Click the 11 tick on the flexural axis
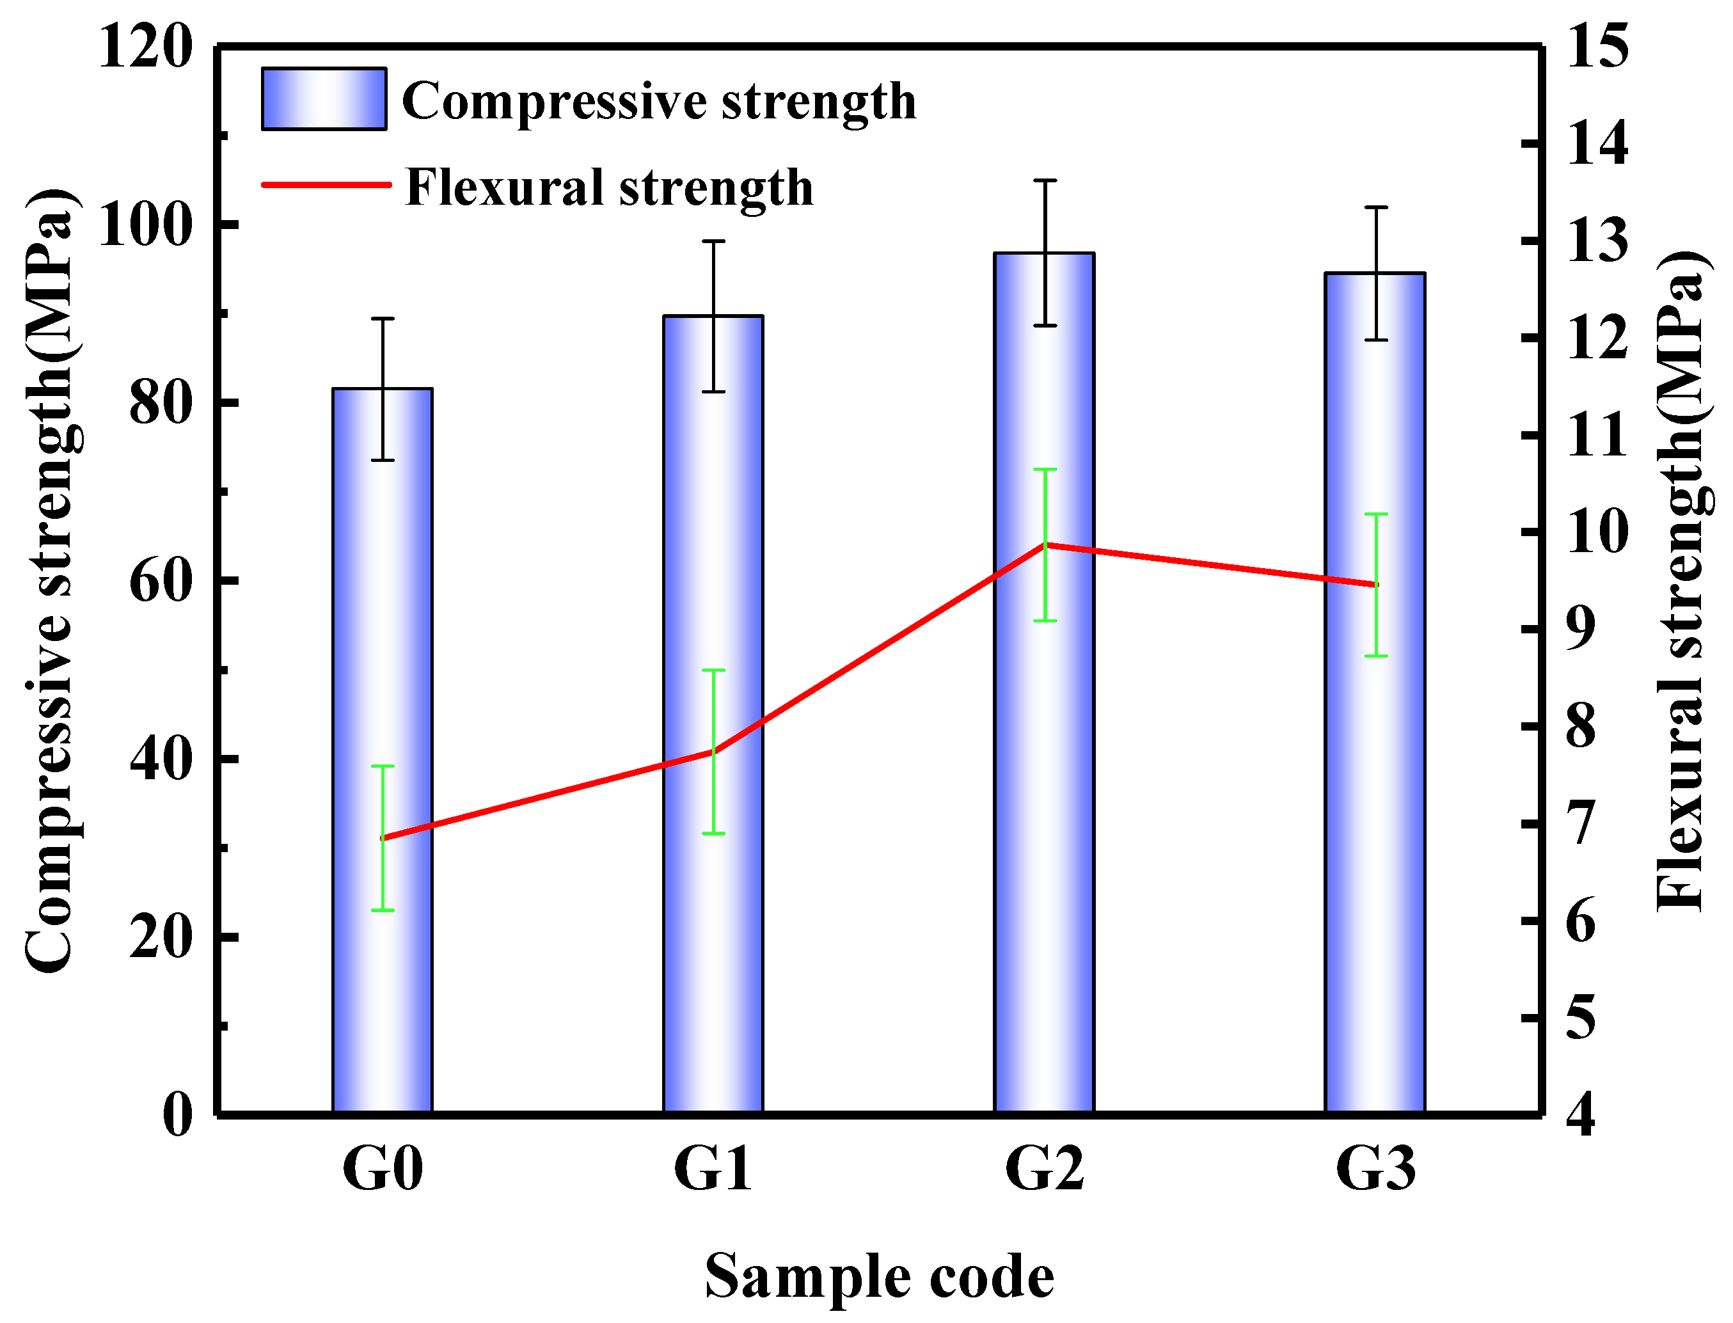pos(1597,436)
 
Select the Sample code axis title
pos(879,1276)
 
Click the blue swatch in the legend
pos(324,99)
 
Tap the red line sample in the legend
pos(326,185)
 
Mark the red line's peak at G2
pos(1045,545)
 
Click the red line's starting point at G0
pos(383,839)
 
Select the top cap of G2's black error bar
pos(1045,181)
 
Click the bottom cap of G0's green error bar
pos(383,910)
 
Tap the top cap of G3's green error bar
pos(1375,514)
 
